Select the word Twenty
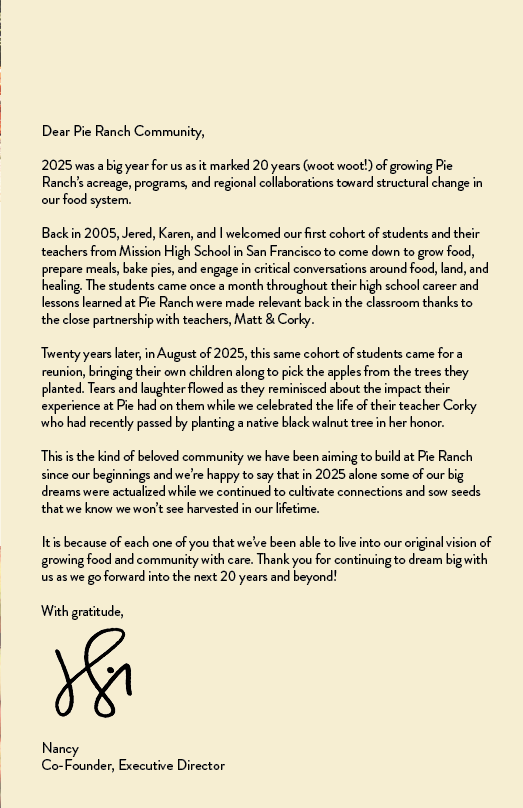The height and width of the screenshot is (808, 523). coord(62,354)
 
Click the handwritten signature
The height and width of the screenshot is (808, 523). coord(93,674)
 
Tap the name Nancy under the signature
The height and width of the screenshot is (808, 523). coord(60,748)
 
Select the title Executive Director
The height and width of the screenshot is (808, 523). coord(171,765)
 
